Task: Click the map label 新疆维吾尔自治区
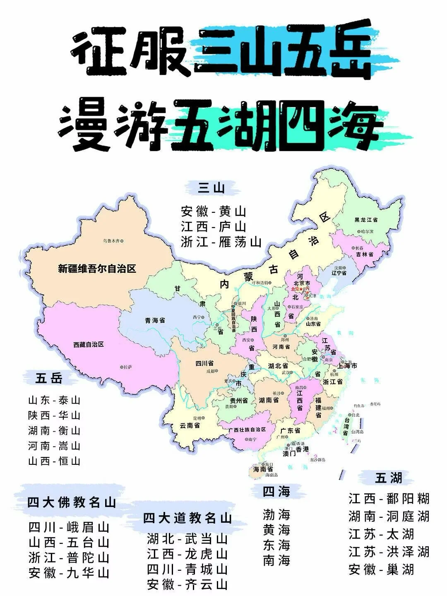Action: pyautogui.click(x=97, y=269)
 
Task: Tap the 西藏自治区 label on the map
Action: pyautogui.click(x=88, y=344)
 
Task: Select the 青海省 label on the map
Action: pyautogui.click(x=155, y=320)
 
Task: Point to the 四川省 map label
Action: pyautogui.click(x=204, y=364)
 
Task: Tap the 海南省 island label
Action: pyautogui.click(x=263, y=469)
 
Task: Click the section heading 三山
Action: pyautogui.click(x=211, y=188)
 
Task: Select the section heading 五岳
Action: pyautogui.click(x=48, y=378)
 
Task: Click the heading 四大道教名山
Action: pyautogui.click(x=187, y=518)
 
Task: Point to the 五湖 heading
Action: pyautogui.click(x=389, y=478)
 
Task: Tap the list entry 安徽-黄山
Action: pyautogui.click(x=214, y=212)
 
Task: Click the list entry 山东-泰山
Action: pyautogui.click(x=54, y=400)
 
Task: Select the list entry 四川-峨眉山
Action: pyautogui.click(x=69, y=527)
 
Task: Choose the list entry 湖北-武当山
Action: pyautogui.click(x=187, y=539)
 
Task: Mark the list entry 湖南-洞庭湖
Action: pyautogui.click(x=389, y=516)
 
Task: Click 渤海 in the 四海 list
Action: pyautogui.click(x=276, y=515)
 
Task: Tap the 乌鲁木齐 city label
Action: pyautogui.click(x=113, y=240)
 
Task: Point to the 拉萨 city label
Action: pyautogui.click(x=127, y=367)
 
